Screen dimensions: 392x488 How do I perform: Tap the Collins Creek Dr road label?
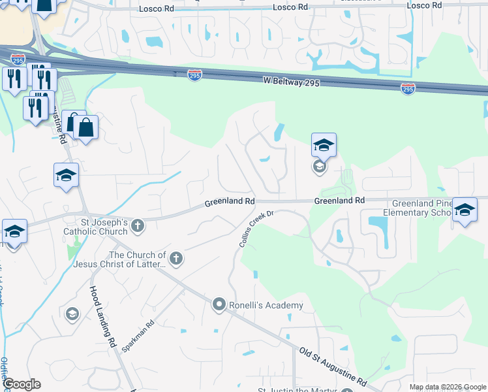255,228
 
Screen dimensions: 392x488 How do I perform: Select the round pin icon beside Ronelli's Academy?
219,304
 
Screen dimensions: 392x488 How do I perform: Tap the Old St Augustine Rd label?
332,366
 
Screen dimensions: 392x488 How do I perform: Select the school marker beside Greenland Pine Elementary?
464,210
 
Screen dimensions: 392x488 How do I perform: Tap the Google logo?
22,384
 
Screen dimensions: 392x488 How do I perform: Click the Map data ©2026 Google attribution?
447,387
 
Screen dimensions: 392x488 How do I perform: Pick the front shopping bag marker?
85,127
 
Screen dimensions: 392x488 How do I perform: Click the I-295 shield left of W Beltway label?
194,75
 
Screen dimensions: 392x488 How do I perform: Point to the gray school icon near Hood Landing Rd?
72,315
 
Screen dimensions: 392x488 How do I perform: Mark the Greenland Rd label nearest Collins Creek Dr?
229,203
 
